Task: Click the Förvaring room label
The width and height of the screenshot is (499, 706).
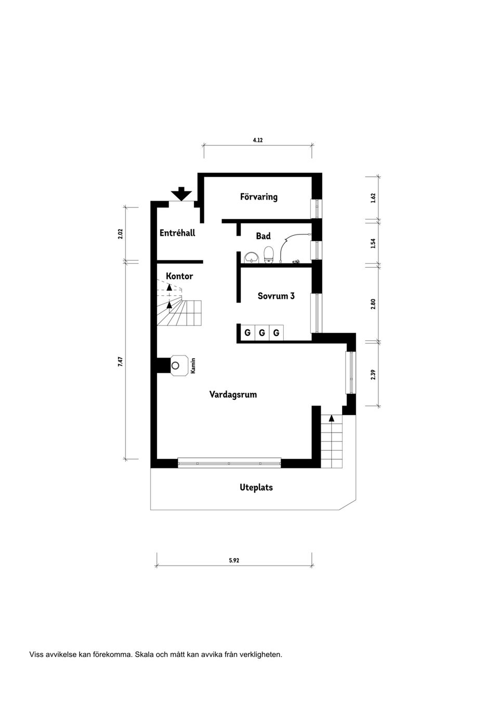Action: click(x=258, y=197)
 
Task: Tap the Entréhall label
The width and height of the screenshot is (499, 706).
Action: click(x=177, y=233)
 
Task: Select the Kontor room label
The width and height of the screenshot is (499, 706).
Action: click(x=179, y=276)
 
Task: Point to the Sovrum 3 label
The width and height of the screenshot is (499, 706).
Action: click(x=276, y=296)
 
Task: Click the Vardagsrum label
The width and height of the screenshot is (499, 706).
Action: click(x=233, y=395)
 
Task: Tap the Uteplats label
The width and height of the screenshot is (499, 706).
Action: click(x=256, y=488)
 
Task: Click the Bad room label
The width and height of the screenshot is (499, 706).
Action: click(x=263, y=236)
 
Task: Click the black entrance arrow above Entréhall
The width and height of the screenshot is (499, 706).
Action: click(x=181, y=193)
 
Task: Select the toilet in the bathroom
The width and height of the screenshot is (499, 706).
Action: click(x=269, y=255)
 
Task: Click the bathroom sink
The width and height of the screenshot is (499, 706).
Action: click(x=252, y=257)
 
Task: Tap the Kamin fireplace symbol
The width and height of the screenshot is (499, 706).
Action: click(x=179, y=365)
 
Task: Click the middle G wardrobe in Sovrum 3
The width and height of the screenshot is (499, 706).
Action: click(x=262, y=333)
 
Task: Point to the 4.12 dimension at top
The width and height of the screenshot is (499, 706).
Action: click(x=258, y=140)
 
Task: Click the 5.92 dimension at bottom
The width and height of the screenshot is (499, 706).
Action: click(x=234, y=560)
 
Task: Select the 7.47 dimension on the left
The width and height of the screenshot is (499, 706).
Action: click(x=120, y=361)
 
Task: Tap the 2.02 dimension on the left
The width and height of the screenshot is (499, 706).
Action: click(x=120, y=234)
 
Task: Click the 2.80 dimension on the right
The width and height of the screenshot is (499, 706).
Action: click(x=373, y=304)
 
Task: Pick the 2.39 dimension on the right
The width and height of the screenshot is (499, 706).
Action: click(x=373, y=374)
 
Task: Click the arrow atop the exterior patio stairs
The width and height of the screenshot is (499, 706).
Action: click(x=332, y=417)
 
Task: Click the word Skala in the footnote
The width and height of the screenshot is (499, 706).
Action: click(x=144, y=655)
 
